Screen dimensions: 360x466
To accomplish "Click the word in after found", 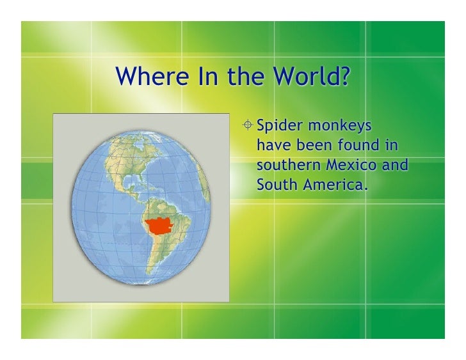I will (389, 145).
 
